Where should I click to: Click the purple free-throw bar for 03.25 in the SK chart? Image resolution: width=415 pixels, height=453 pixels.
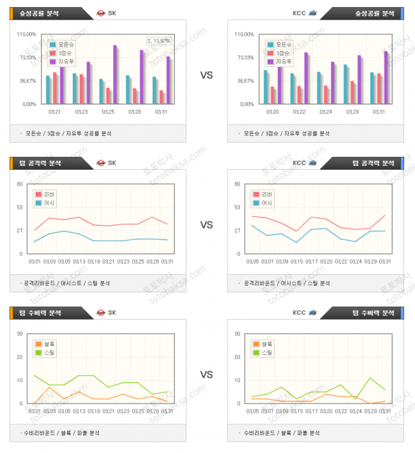[x=116, y=74]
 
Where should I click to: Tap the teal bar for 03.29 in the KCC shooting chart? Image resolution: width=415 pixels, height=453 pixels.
[x=345, y=84]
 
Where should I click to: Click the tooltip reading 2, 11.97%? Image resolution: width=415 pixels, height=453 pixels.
[x=158, y=41]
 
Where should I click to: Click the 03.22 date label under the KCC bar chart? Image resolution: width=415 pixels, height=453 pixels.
[x=298, y=112]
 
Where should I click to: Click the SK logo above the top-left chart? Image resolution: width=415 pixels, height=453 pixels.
[x=101, y=13]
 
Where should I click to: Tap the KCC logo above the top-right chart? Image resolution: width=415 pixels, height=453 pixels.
[x=313, y=13]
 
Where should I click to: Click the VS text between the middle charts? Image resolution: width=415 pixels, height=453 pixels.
[x=206, y=225]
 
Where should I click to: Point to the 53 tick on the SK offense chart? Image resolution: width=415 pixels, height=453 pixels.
[x=20, y=207]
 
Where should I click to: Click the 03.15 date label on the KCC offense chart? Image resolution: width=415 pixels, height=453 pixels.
[x=296, y=262]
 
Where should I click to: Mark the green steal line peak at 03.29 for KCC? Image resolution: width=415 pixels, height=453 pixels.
[x=370, y=378]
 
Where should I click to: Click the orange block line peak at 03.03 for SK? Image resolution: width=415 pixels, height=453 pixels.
[x=49, y=387]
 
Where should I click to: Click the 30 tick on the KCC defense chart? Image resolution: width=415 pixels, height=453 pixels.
[x=238, y=334]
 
